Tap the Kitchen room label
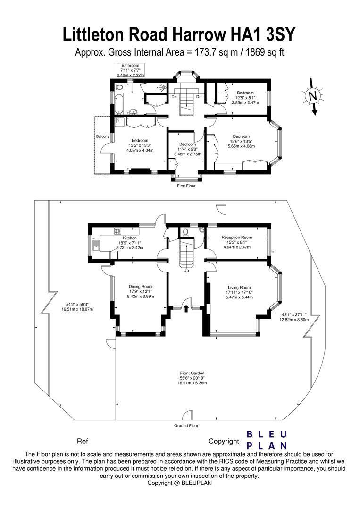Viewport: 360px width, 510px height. pos(130,238)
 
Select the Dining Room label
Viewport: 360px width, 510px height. pos(141,286)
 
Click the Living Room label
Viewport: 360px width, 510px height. pos(239,287)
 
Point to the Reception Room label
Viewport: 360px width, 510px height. pos(237,237)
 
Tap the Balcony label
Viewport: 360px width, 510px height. pos(103,137)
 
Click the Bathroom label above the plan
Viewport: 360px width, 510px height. pos(130,65)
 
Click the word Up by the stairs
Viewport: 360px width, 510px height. pos(186,271)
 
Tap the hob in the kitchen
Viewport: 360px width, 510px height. pos(117,231)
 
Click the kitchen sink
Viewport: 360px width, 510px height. pos(96,246)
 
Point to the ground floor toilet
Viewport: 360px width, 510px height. pos(186,232)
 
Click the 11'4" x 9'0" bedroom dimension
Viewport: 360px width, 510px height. pos(187,149)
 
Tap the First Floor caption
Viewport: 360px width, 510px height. pos(186,186)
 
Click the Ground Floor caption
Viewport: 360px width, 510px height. pos(186,425)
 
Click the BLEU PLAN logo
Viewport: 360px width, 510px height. pos(267,440)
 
